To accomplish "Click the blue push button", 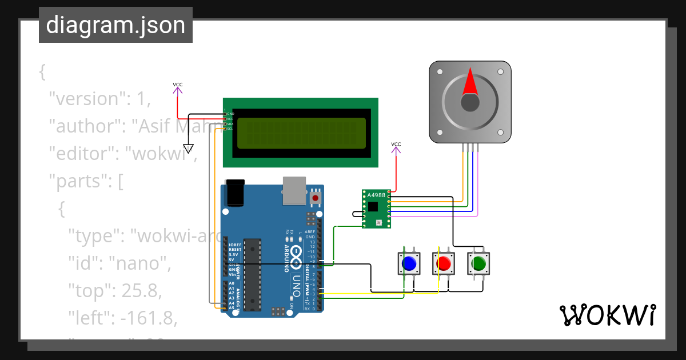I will [409, 263].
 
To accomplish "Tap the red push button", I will [443, 263].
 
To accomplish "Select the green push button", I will [478, 263].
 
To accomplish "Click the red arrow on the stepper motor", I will [470, 82].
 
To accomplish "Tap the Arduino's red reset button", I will [315, 198].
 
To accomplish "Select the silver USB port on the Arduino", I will [294, 190].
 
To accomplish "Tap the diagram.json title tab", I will [115, 25].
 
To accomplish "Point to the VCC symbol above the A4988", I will [396, 147].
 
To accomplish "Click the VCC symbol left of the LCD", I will [178, 87].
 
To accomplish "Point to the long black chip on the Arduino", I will [252, 274].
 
